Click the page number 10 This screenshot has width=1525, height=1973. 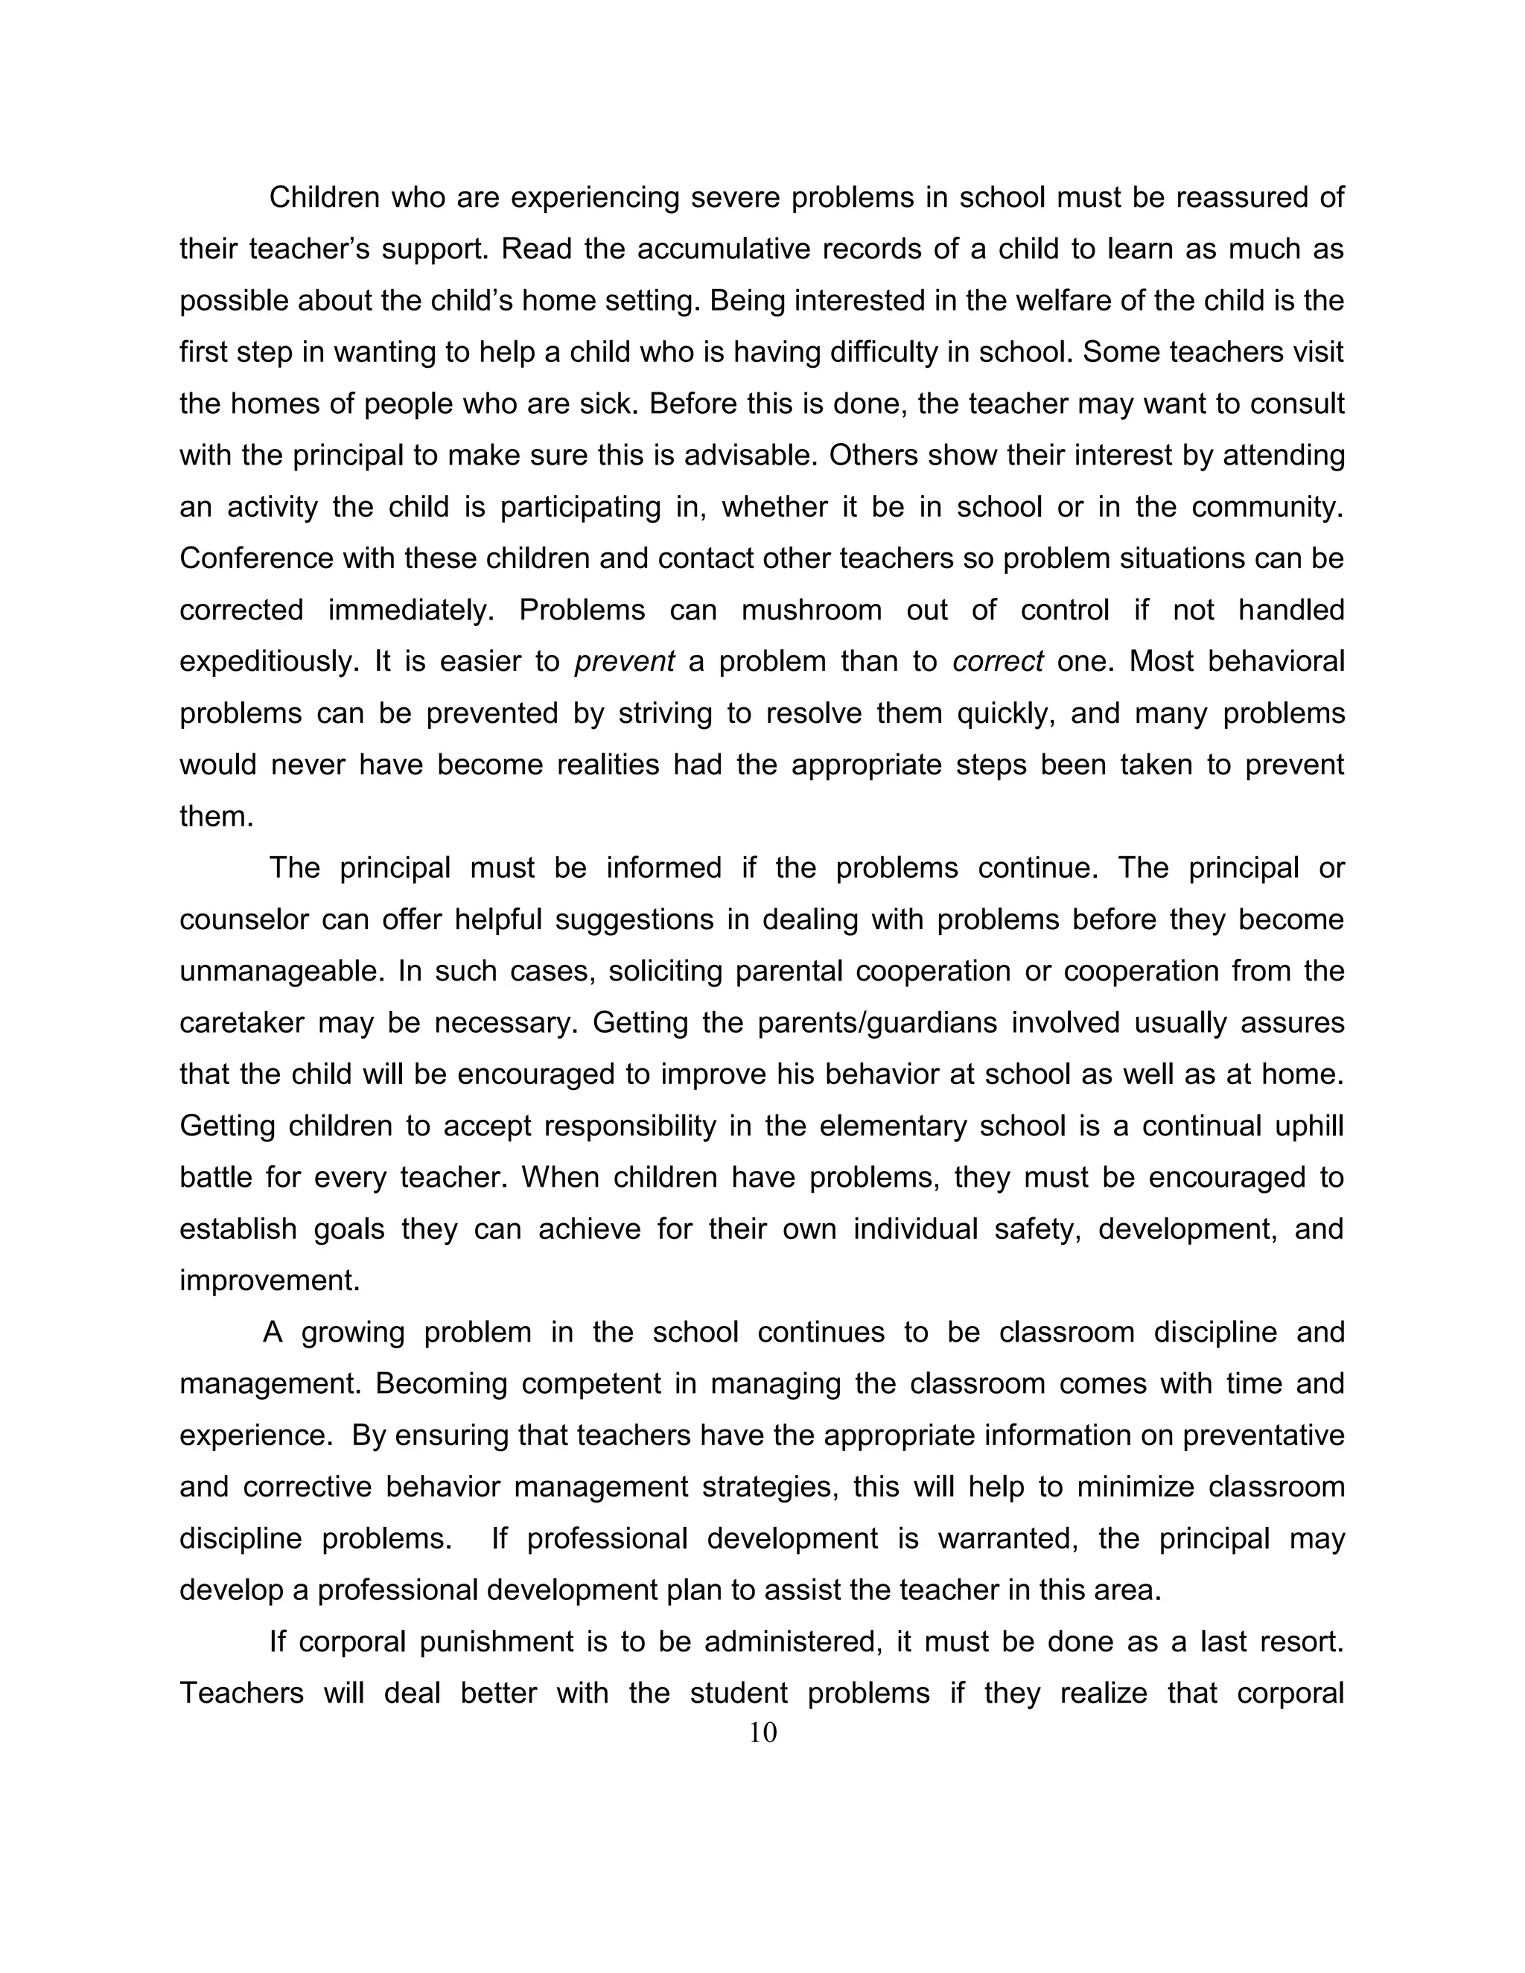762,1732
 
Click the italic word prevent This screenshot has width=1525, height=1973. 624,661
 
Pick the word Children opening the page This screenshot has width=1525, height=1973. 325,197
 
